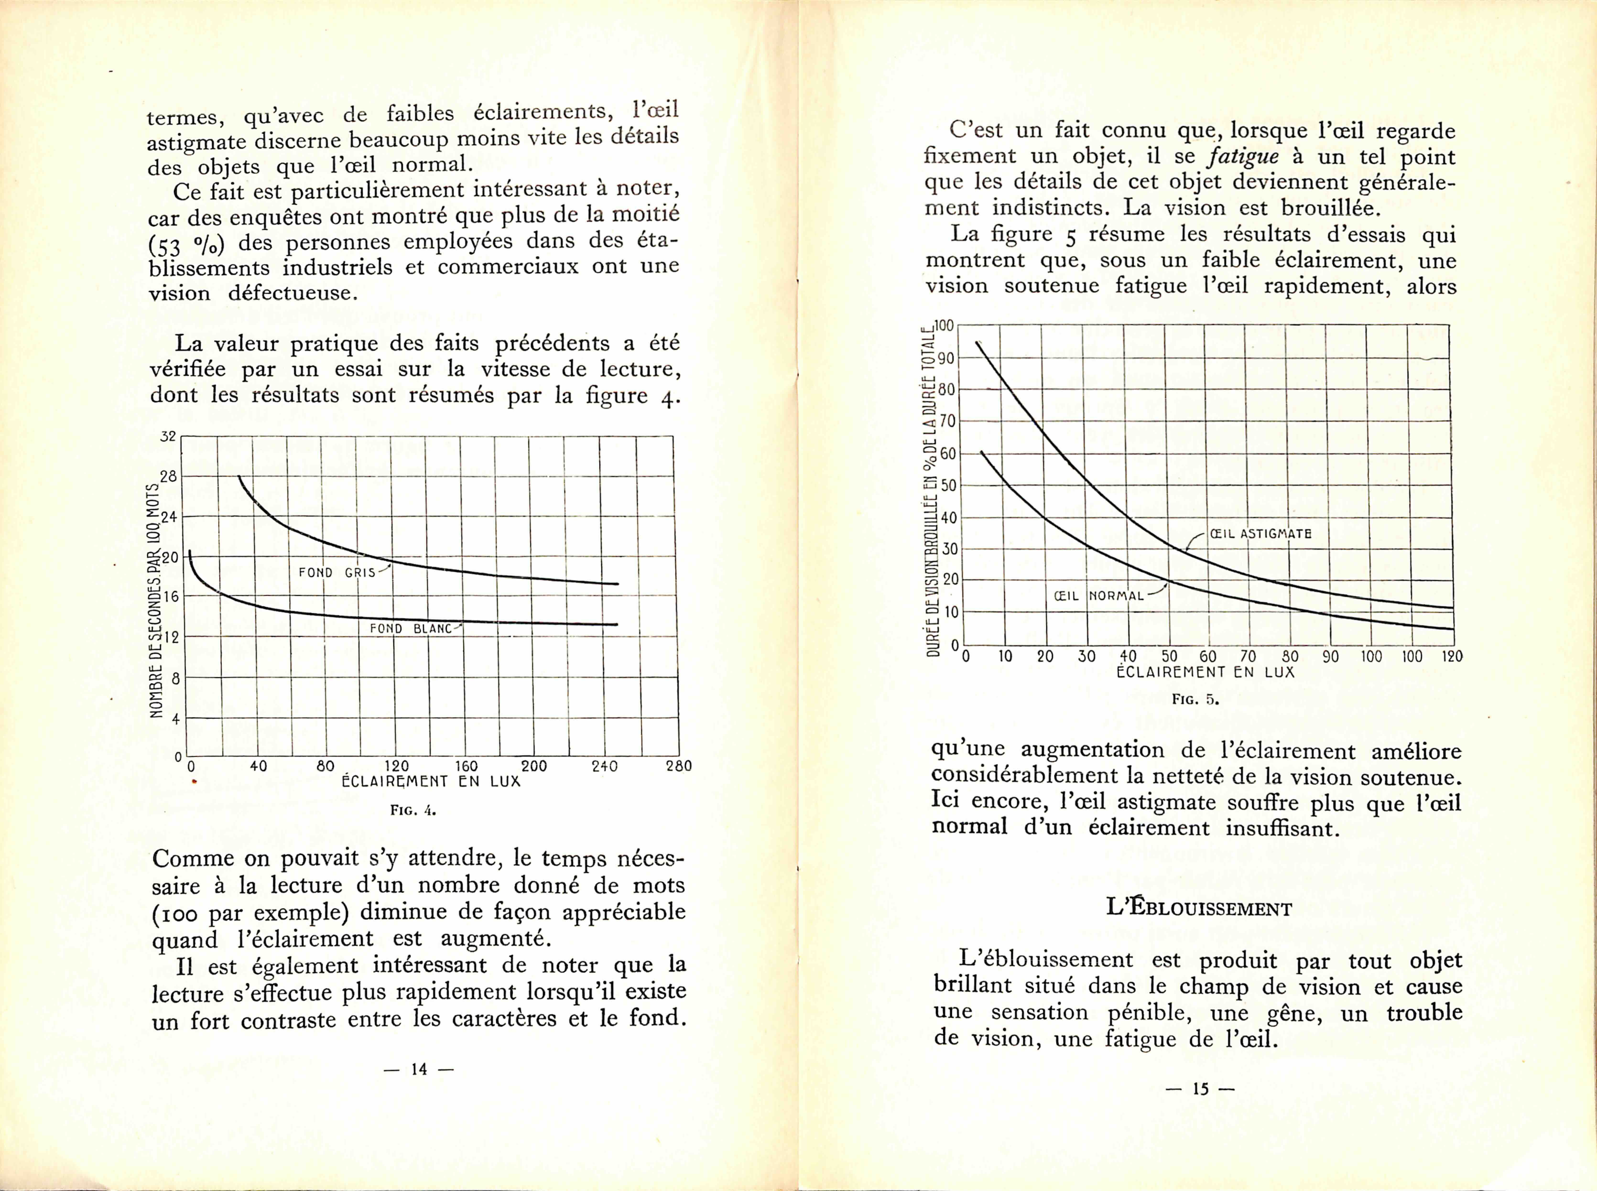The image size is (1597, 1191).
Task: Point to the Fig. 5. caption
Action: (x=1195, y=698)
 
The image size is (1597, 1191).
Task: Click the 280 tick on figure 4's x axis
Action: (x=679, y=766)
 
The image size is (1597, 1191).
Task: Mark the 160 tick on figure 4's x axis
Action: (x=467, y=766)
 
